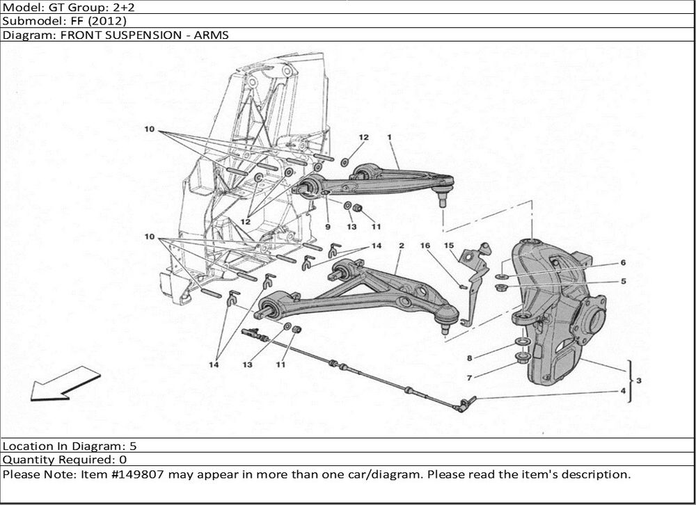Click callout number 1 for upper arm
(x=390, y=138)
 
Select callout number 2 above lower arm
(x=402, y=246)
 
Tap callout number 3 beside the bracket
(x=639, y=380)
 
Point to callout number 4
(x=622, y=392)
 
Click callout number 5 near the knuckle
(x=623, y=281)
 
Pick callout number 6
(x=623, y=263)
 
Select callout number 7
(x=469, y=377)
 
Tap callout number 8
(x=469, y=359)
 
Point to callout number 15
(x=449, y=246)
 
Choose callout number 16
(x=425, y=246)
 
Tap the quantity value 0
(x=122, y=460)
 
